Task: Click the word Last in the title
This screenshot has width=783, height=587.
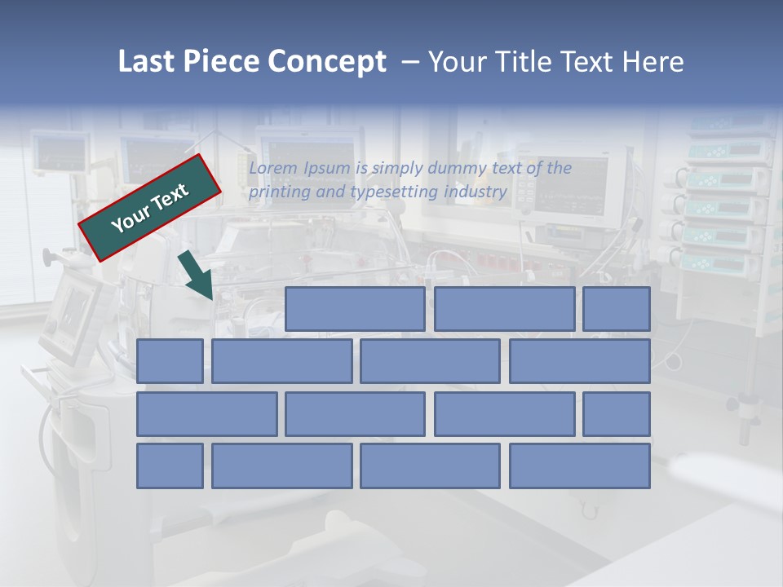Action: [x=147, y=62]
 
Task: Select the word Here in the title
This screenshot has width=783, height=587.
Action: [x=652, y=62]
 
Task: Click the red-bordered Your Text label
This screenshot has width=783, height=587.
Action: [x=150, y=207]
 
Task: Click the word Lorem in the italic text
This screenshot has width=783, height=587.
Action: [x=273, y=168]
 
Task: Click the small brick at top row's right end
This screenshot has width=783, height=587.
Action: [x=617, y=309]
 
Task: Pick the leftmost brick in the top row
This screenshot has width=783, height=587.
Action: [x=355, y=309]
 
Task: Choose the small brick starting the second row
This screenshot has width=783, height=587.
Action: [x=170, y=361]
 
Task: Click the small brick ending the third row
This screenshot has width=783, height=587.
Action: [x=617, y=413]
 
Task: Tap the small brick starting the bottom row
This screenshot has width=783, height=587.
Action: [x=170, y=466]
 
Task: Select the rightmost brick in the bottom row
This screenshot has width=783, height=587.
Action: [x=580, y=466]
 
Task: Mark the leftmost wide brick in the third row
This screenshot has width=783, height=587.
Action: [x=206, y=413]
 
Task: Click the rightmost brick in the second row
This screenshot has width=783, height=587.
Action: [x=580, y=361]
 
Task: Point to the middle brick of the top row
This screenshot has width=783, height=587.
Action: [x=504, y=309]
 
